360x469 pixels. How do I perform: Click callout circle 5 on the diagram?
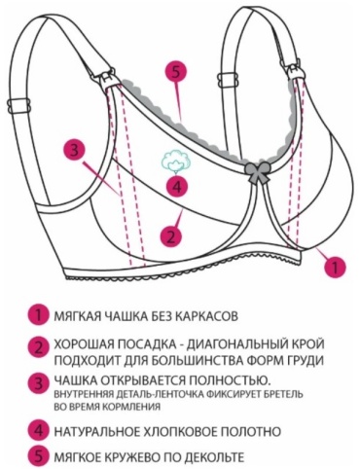176,72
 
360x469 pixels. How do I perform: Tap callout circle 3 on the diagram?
75,151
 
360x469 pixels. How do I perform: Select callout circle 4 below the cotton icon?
177,187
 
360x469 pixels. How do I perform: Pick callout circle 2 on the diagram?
171,235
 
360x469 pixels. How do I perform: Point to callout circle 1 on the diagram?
335,267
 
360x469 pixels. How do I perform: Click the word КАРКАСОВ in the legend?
206,315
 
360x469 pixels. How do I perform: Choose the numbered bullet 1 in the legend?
38,315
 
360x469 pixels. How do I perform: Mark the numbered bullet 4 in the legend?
38,431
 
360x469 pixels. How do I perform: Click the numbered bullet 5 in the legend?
38,456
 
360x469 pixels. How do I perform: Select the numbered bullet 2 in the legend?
38,348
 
